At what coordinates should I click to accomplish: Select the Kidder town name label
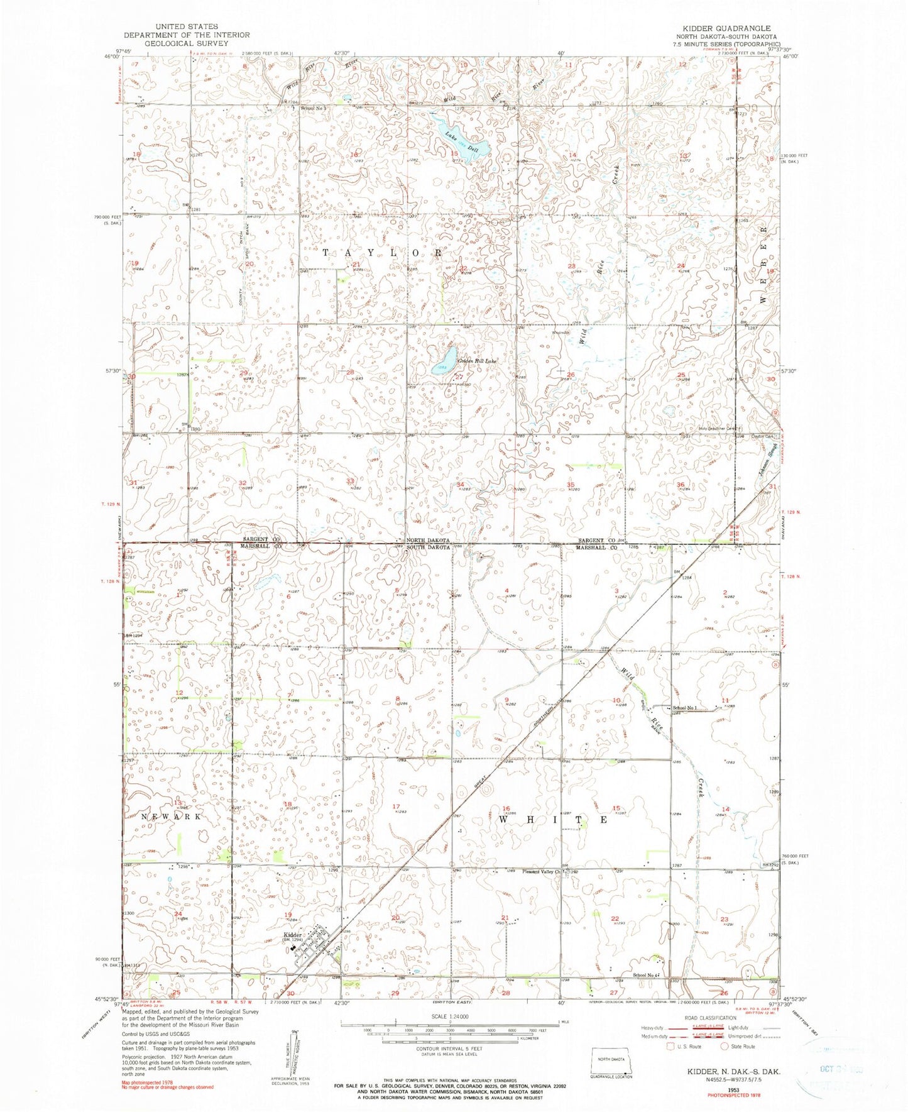(293, 933)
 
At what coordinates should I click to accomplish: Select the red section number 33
(349, 482)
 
